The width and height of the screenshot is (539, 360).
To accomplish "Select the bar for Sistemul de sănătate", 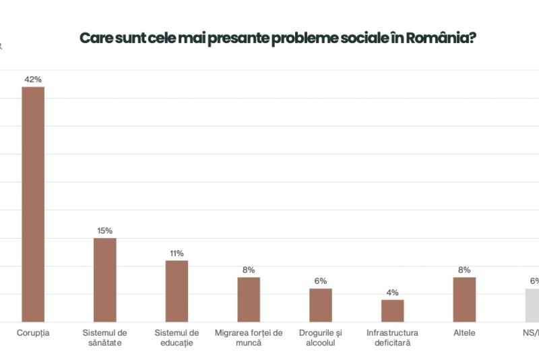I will coord(105,280).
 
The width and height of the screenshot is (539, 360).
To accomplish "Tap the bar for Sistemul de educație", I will coord(177,291).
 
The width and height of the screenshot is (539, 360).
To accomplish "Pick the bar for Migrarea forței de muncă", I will coord(249,299).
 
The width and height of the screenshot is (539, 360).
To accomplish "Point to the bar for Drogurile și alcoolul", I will coord(321,305).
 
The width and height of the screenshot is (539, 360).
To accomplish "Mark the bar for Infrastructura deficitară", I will coord(392,310).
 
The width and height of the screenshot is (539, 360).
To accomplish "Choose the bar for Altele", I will coord(464,299).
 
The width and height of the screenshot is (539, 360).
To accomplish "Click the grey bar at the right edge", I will coord(532,305).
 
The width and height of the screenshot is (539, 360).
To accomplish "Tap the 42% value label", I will coord(33,79).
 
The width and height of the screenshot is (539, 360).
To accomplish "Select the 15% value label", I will coord(105,231).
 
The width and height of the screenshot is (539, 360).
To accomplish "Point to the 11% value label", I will coord(177,253).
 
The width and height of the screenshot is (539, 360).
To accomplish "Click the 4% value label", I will coord(392,293).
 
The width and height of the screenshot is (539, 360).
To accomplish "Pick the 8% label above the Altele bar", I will coord(464,270).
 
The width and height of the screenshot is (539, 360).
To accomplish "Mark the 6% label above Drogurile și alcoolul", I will coord(321,281).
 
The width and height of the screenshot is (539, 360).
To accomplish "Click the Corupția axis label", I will coord(33,332).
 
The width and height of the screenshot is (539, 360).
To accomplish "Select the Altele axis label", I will coord(464,332).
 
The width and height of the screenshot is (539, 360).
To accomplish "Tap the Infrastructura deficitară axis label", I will coord(392,337).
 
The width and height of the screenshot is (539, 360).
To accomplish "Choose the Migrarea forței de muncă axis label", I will coord(249,337).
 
